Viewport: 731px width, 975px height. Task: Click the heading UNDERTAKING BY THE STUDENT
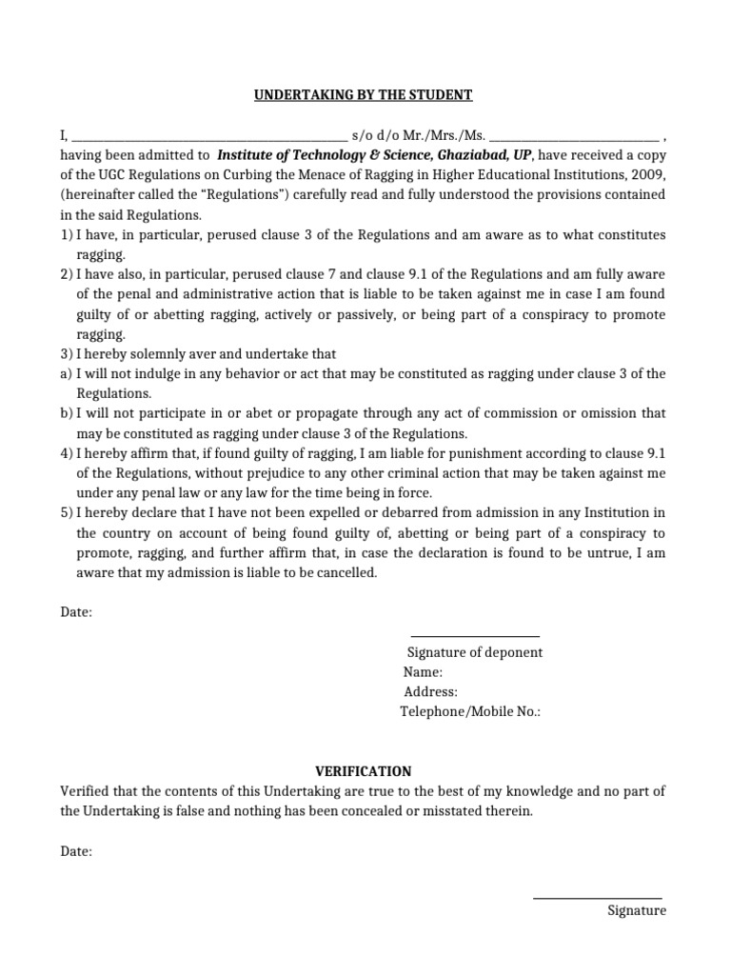(363, 95)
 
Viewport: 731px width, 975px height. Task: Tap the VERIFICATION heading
(364, 771)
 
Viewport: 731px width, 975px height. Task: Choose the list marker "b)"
(67, 413)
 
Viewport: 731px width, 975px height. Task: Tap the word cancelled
(348, 573)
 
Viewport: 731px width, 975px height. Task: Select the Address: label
(430, 692)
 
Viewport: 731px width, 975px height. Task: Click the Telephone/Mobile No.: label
(470, 712)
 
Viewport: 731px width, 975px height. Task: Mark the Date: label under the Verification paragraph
(76, 852)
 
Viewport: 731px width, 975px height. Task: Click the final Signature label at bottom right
(637, 910)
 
